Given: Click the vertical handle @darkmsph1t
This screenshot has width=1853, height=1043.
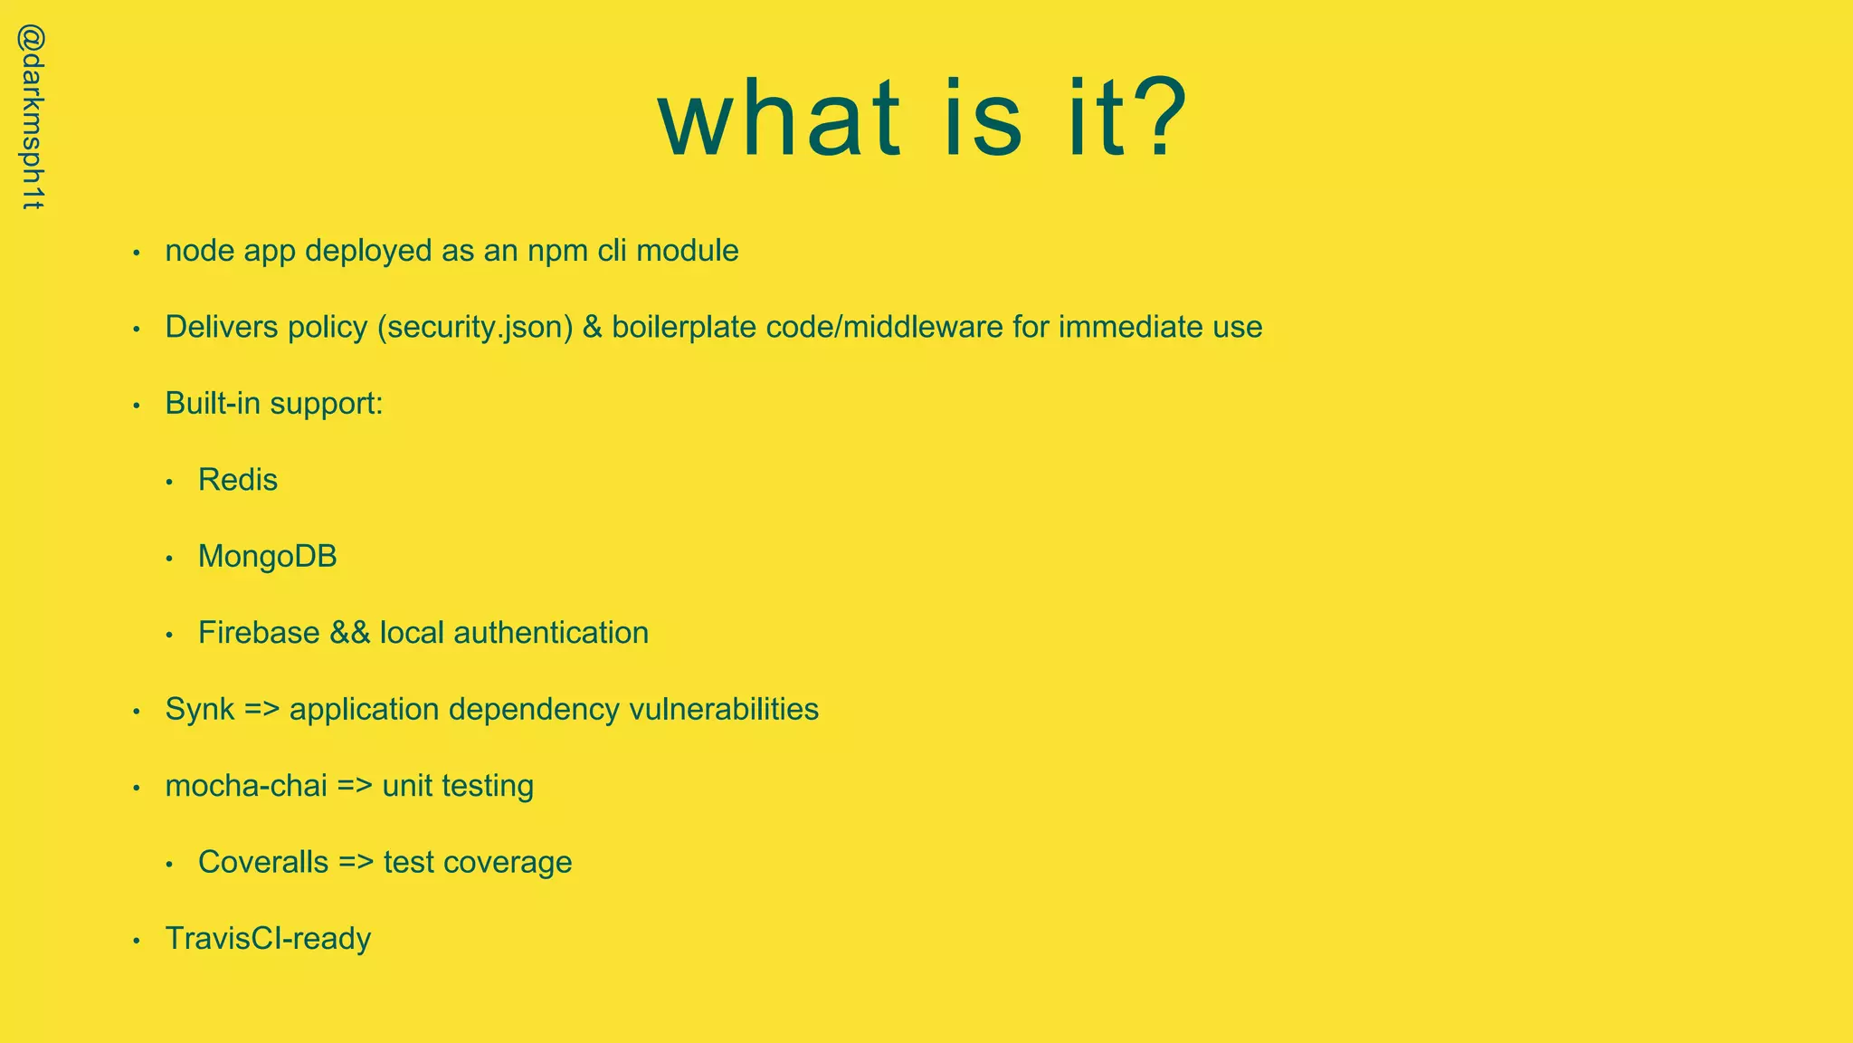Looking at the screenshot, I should point(33,118).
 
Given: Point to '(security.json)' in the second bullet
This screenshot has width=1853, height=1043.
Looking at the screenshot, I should point(475,327).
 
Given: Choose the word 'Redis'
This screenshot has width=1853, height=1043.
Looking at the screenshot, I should point(238,480).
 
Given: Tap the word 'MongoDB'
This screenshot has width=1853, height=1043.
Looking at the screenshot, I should point(268,556).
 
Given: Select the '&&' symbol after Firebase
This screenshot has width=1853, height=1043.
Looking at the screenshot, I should point(350,633).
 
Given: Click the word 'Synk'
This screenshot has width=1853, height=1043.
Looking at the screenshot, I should point(200,709).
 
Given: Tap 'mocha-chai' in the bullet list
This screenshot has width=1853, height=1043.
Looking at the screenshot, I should point(246,786).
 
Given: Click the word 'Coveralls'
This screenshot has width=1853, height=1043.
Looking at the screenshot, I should point(263,862).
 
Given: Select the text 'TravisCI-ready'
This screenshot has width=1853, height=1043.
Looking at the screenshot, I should point(268,939).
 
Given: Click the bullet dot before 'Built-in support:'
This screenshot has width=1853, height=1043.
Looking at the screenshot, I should point(137,405).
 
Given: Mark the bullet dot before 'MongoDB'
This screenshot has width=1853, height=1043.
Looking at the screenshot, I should point(169,559).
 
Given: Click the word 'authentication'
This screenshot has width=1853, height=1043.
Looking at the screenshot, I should point(551,633).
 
